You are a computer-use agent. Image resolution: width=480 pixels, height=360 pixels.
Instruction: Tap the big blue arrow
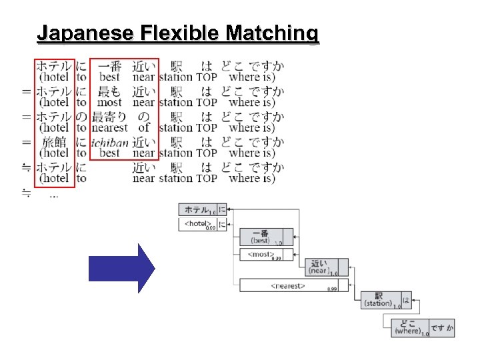pos(122,268)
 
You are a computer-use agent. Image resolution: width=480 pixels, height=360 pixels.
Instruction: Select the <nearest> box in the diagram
pos(287,285)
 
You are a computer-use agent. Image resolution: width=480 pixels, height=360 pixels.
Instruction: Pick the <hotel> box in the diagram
pos(198,225)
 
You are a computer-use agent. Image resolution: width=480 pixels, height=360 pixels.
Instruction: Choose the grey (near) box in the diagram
pos(319,267)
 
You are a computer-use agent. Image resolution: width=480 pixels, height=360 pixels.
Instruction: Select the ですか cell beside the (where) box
pos(442,327)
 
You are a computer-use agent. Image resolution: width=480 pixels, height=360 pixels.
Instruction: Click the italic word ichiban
pos(109,141)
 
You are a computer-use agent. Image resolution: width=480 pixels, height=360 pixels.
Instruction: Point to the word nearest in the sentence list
pos(109,127)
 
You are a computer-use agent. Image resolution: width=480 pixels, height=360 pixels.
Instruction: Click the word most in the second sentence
pos(109,103)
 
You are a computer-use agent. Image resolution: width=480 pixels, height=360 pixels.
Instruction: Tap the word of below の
pos(144,127)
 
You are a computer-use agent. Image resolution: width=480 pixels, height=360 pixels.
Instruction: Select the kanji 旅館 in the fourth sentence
pos(54,141)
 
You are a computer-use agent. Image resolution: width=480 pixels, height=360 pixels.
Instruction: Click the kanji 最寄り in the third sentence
pos(109,116)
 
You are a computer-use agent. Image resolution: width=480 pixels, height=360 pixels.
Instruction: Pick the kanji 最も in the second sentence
pos(109,91)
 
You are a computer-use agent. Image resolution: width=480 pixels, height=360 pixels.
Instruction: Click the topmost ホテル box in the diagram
pos(198,209)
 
